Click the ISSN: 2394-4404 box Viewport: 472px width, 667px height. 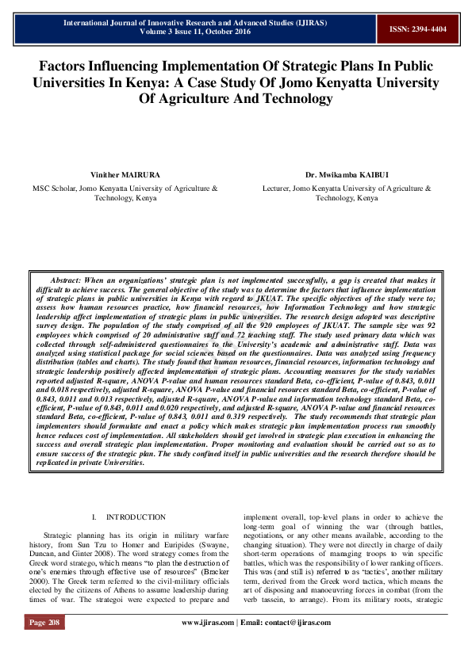pos(417,29)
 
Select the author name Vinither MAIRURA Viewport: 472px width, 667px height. pos(124,174)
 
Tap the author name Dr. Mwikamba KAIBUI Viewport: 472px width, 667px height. pos(347,174)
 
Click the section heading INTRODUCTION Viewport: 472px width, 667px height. pos(136,516)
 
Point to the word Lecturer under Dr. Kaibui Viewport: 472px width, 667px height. pos(276,189)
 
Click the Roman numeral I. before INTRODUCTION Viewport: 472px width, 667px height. pos(95,516)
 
